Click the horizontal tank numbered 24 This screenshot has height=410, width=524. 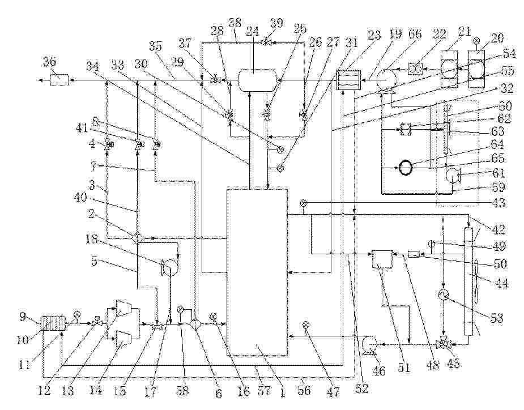click(x=257, y=80)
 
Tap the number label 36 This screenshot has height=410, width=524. click(x=49, y=62)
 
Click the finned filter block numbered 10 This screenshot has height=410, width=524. click(x=53, y=324)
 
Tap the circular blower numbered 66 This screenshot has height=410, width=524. click(x=386, y=80)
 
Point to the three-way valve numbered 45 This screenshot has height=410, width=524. click(x=444, y=344)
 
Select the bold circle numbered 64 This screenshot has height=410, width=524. click(x=406, y=168)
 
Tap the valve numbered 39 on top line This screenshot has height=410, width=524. click(x=266, y=42)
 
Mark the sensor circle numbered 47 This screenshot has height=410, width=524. click(x=305, y=324)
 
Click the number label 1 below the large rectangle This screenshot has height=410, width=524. click(x=282, y=391)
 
